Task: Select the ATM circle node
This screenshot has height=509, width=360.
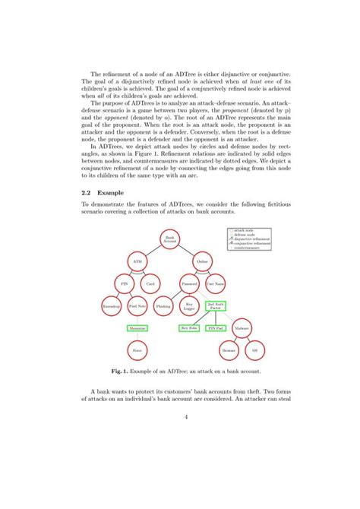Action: point(137,262)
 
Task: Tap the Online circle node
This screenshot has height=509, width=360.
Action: point(202,262)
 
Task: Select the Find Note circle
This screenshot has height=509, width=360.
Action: point(137,306)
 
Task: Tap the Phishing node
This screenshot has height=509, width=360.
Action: point(163,306)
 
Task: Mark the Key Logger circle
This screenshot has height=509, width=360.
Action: point(189,306)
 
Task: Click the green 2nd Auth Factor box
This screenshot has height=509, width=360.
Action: point(215,306)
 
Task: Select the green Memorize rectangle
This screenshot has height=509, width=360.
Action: point(137,328)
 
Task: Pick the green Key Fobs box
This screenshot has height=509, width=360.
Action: point(189,328)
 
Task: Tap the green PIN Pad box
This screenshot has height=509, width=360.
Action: point(215,328)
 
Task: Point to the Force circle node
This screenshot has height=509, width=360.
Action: point(137,351)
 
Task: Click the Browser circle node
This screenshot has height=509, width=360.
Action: point(229,351)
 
